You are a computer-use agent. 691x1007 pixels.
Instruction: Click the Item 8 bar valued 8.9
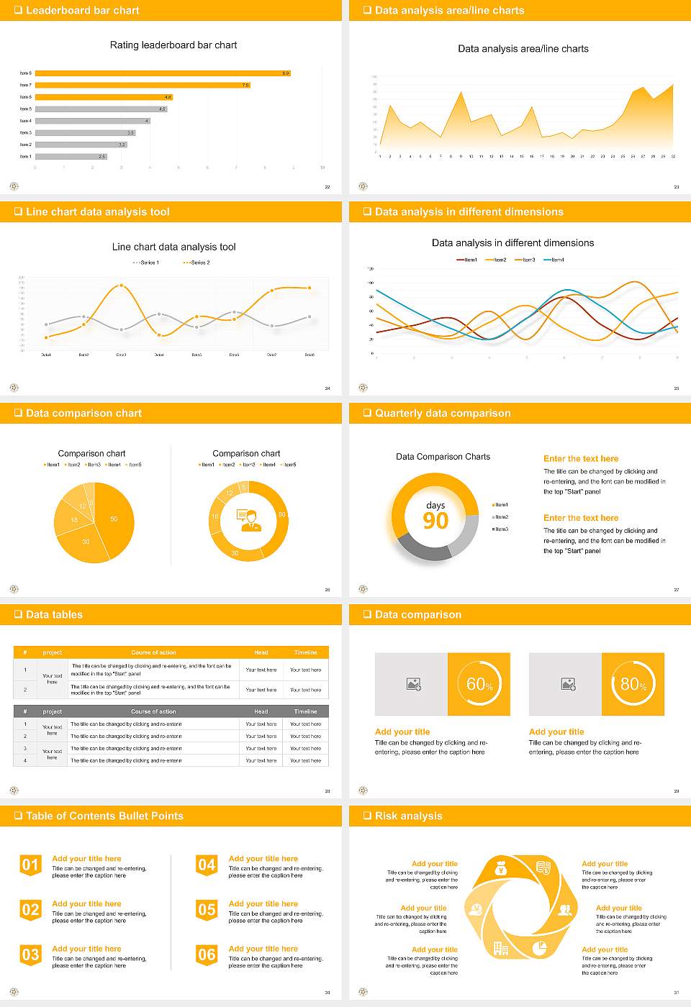(162, 73)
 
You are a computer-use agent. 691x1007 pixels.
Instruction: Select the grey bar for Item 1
(71, 156)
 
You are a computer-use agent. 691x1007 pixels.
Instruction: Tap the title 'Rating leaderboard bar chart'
(173, 45)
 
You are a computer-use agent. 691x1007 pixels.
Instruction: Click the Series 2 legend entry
(197, 263)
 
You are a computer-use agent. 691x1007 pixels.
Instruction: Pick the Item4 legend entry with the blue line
(554, 260)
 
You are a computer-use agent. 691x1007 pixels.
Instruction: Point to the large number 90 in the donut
(435, 521)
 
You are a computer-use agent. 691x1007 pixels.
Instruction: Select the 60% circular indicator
(479, 684)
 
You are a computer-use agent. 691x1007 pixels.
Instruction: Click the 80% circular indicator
(633, 684)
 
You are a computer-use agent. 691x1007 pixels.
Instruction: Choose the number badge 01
(30, 865)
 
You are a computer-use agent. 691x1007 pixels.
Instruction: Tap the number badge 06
(207, 955)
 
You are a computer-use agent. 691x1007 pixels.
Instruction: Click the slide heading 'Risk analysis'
(408, 816)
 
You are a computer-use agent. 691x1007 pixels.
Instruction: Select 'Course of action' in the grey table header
(153, 711)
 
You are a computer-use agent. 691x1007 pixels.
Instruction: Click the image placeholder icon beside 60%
(414, 684)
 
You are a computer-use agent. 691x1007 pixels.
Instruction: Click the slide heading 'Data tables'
(54, 615)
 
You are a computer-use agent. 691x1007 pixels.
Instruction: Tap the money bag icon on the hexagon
(502, 870)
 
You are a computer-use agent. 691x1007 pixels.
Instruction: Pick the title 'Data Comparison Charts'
(443, 457)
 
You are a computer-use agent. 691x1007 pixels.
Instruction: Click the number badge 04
(207, 865)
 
